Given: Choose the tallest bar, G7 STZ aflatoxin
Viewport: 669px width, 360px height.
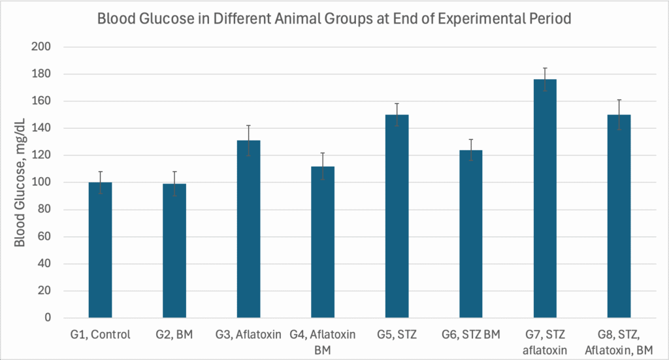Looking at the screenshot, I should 545,199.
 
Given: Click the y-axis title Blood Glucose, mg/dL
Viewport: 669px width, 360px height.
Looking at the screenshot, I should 20,182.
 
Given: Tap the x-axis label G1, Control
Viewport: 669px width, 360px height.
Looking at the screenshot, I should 100,335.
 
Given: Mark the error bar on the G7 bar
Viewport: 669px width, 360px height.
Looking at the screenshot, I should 545,73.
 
